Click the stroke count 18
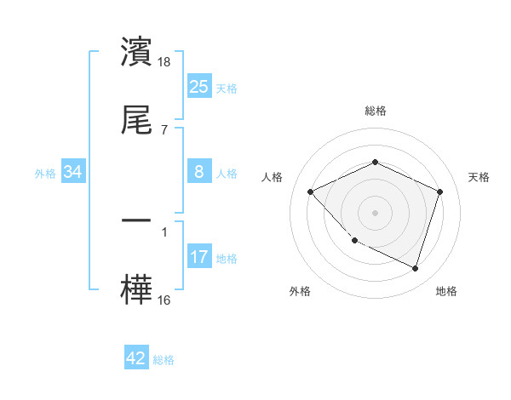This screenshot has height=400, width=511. coord(165,62)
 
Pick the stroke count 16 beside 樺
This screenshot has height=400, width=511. coord(165,300)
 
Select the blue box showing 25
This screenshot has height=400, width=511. coord(198,86)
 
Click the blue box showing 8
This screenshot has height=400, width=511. coord(198,172)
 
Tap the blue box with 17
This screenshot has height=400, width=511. coord(198,257)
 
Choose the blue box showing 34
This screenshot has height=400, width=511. coord(73,172)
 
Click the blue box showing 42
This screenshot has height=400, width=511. coord(136,358)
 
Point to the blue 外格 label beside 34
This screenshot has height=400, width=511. coord(45,173)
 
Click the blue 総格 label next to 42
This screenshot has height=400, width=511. coord(164,360)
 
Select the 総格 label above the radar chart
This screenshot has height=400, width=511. coord(376,111)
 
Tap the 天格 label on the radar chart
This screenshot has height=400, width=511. coord(479,177)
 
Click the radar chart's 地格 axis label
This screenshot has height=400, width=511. coord(446,291)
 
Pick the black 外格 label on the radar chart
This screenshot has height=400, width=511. coord(300,291)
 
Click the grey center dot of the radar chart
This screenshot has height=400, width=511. coord(376,212)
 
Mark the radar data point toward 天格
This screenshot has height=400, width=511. coord(440,191)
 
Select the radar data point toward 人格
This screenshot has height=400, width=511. coord(311,191)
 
